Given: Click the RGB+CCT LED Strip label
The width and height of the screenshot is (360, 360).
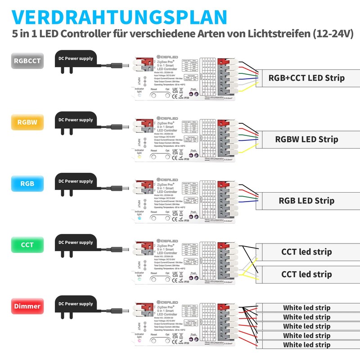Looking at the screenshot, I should pyautogui.click(x=306, y=78).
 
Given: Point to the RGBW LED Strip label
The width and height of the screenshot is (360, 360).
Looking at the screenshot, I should pyautogui.click(x=306, y=139).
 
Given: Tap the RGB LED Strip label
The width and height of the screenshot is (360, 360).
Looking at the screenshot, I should pyautogui.click(x=306, y=200).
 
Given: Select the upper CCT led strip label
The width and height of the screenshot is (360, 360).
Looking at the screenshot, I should pyautogui.click(x=306, y=252).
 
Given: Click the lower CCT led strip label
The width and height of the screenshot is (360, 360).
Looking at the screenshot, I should pyautogui.click(x=306, y=274).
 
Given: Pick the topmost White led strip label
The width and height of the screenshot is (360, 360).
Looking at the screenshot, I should pyautogui.click(x=306, y=308).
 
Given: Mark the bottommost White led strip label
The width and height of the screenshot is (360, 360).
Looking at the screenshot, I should pyautogui.click(x=306, y=345).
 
